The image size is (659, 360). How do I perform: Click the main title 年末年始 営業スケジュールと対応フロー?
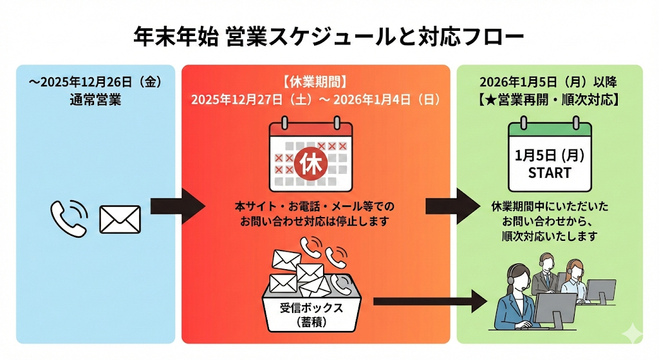coord(329,35)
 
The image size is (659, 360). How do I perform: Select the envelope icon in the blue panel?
coord(120,219)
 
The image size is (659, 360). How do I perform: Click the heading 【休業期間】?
coord(315,82)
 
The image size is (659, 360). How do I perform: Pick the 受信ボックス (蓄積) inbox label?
coord(311,314)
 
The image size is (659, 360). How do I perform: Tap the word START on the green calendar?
coord(550,173)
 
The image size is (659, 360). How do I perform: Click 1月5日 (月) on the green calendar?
coord(550,155)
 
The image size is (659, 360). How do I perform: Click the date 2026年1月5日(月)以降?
coord(549,82)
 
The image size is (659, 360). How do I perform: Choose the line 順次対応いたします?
coord(550,236)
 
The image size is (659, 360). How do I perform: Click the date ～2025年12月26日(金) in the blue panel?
coord(94,82)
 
